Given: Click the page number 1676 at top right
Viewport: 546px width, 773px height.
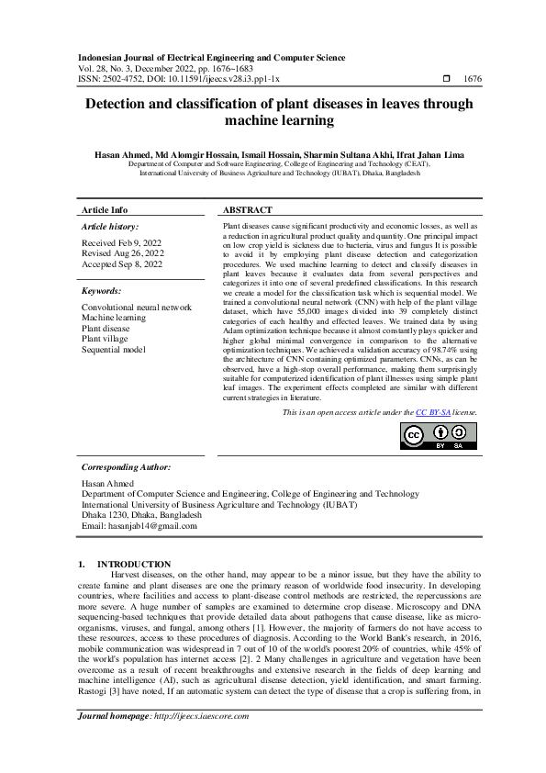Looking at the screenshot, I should (472, 80).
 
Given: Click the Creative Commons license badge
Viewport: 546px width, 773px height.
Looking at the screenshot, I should (441, 435).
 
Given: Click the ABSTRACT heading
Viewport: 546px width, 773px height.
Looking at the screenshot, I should (247, 210).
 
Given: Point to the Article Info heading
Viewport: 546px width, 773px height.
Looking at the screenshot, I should (105, 210).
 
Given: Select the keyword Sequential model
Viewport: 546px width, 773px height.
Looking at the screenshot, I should (113, 350).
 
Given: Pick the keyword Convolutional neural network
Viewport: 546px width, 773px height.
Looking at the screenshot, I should (137, 307).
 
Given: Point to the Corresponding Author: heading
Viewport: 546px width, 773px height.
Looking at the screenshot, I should (128, 466).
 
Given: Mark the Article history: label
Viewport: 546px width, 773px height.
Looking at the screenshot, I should (110, 226).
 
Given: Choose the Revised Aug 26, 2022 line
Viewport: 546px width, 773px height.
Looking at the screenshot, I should (123, 252).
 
